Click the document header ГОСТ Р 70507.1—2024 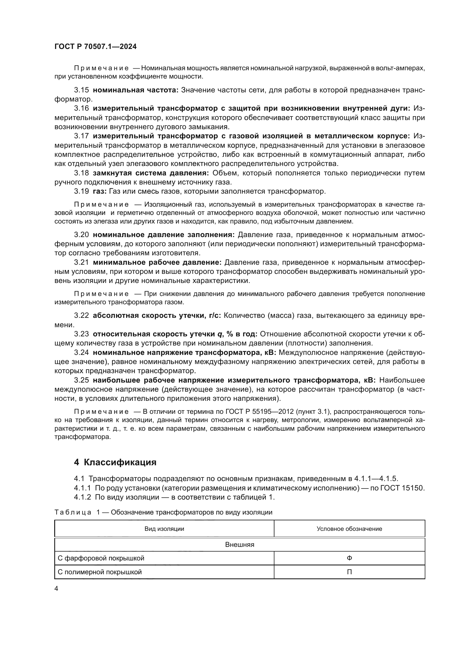coord(95,47)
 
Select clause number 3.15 coord(81,90)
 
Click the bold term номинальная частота coord(136,90)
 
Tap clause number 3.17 coord(81,136)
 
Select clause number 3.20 coord(81,235)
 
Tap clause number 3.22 coord(81,315)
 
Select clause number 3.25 coord(81,380)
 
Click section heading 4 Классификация coord(115,462)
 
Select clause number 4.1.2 coord(82,497)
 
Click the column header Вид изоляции coord(164,529)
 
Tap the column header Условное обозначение coord(349,529)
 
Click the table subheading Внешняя coord(240,545)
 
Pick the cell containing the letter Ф coord(349,558)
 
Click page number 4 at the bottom coord(56,589)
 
